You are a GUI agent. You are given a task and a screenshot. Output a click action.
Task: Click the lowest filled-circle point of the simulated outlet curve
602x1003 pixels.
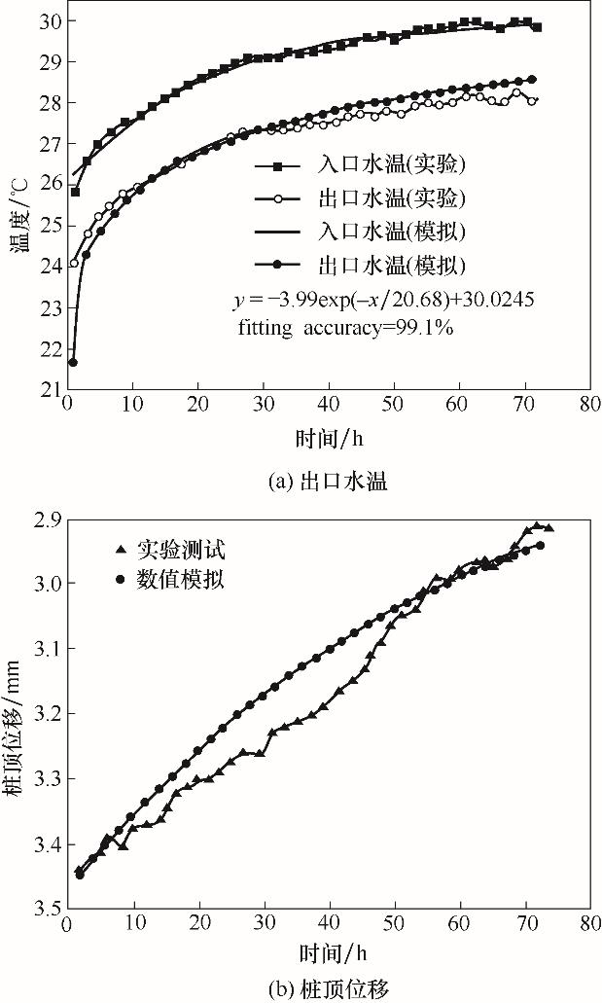[x=73, y=362]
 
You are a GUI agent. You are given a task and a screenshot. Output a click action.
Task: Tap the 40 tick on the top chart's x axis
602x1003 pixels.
[x=330, y=402]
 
